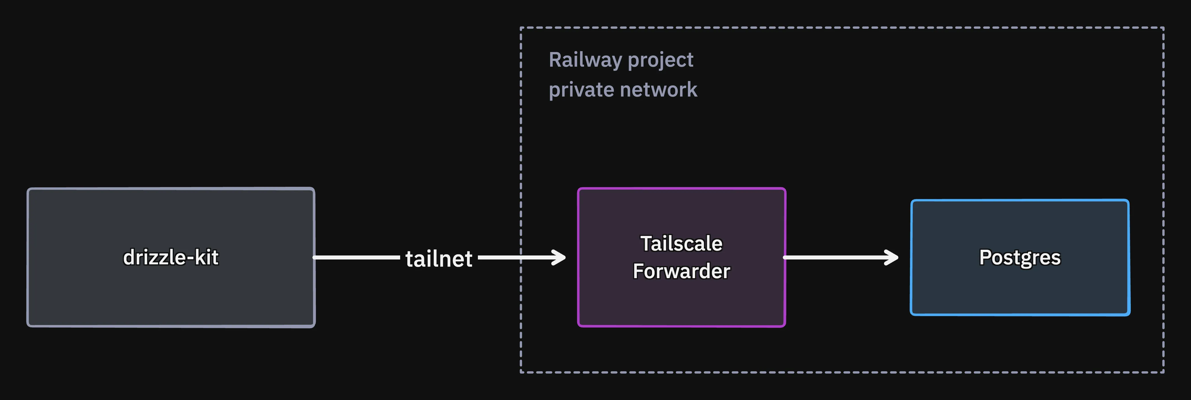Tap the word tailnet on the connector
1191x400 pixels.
[x=439, y=258]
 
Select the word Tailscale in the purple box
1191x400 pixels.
[x=682, y=243]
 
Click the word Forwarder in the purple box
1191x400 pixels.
[x=682, y=271]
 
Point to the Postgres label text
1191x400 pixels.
[x=1020, y=258]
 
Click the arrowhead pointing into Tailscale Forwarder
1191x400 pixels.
[x=559, y=257]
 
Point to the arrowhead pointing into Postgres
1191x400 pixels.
[x=892, y=257]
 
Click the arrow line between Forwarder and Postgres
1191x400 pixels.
[x=840, y=257]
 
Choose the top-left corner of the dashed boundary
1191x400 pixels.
[x=521, y=28]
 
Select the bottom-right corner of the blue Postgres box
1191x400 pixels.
[x=1129, y=315]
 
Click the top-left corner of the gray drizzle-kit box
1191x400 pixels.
[x=28, y=189]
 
